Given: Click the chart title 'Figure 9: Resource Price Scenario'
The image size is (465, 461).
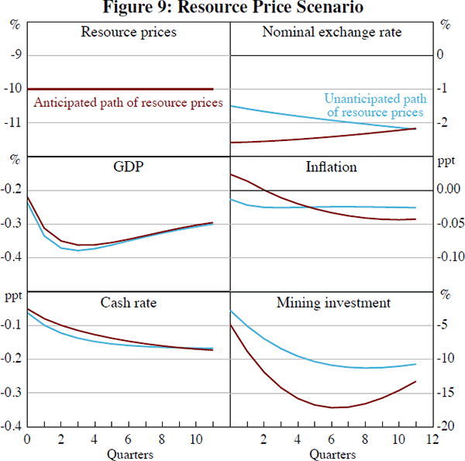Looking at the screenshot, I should coord(232,9).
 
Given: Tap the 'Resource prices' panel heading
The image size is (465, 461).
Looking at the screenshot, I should coord(129,33).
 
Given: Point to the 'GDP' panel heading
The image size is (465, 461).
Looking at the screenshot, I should coord(129,167).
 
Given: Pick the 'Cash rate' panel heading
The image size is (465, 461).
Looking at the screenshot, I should coord(129,302).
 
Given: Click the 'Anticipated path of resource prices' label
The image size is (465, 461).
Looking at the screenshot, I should coord(128,102).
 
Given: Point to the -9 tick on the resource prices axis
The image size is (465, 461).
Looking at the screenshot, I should coord(13,55).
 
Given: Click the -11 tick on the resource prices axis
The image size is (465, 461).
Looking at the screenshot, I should coord(13,123).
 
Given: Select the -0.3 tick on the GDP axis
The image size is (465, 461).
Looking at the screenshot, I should coord(12,224).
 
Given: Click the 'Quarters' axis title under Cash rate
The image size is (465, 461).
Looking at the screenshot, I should coord(129,452).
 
